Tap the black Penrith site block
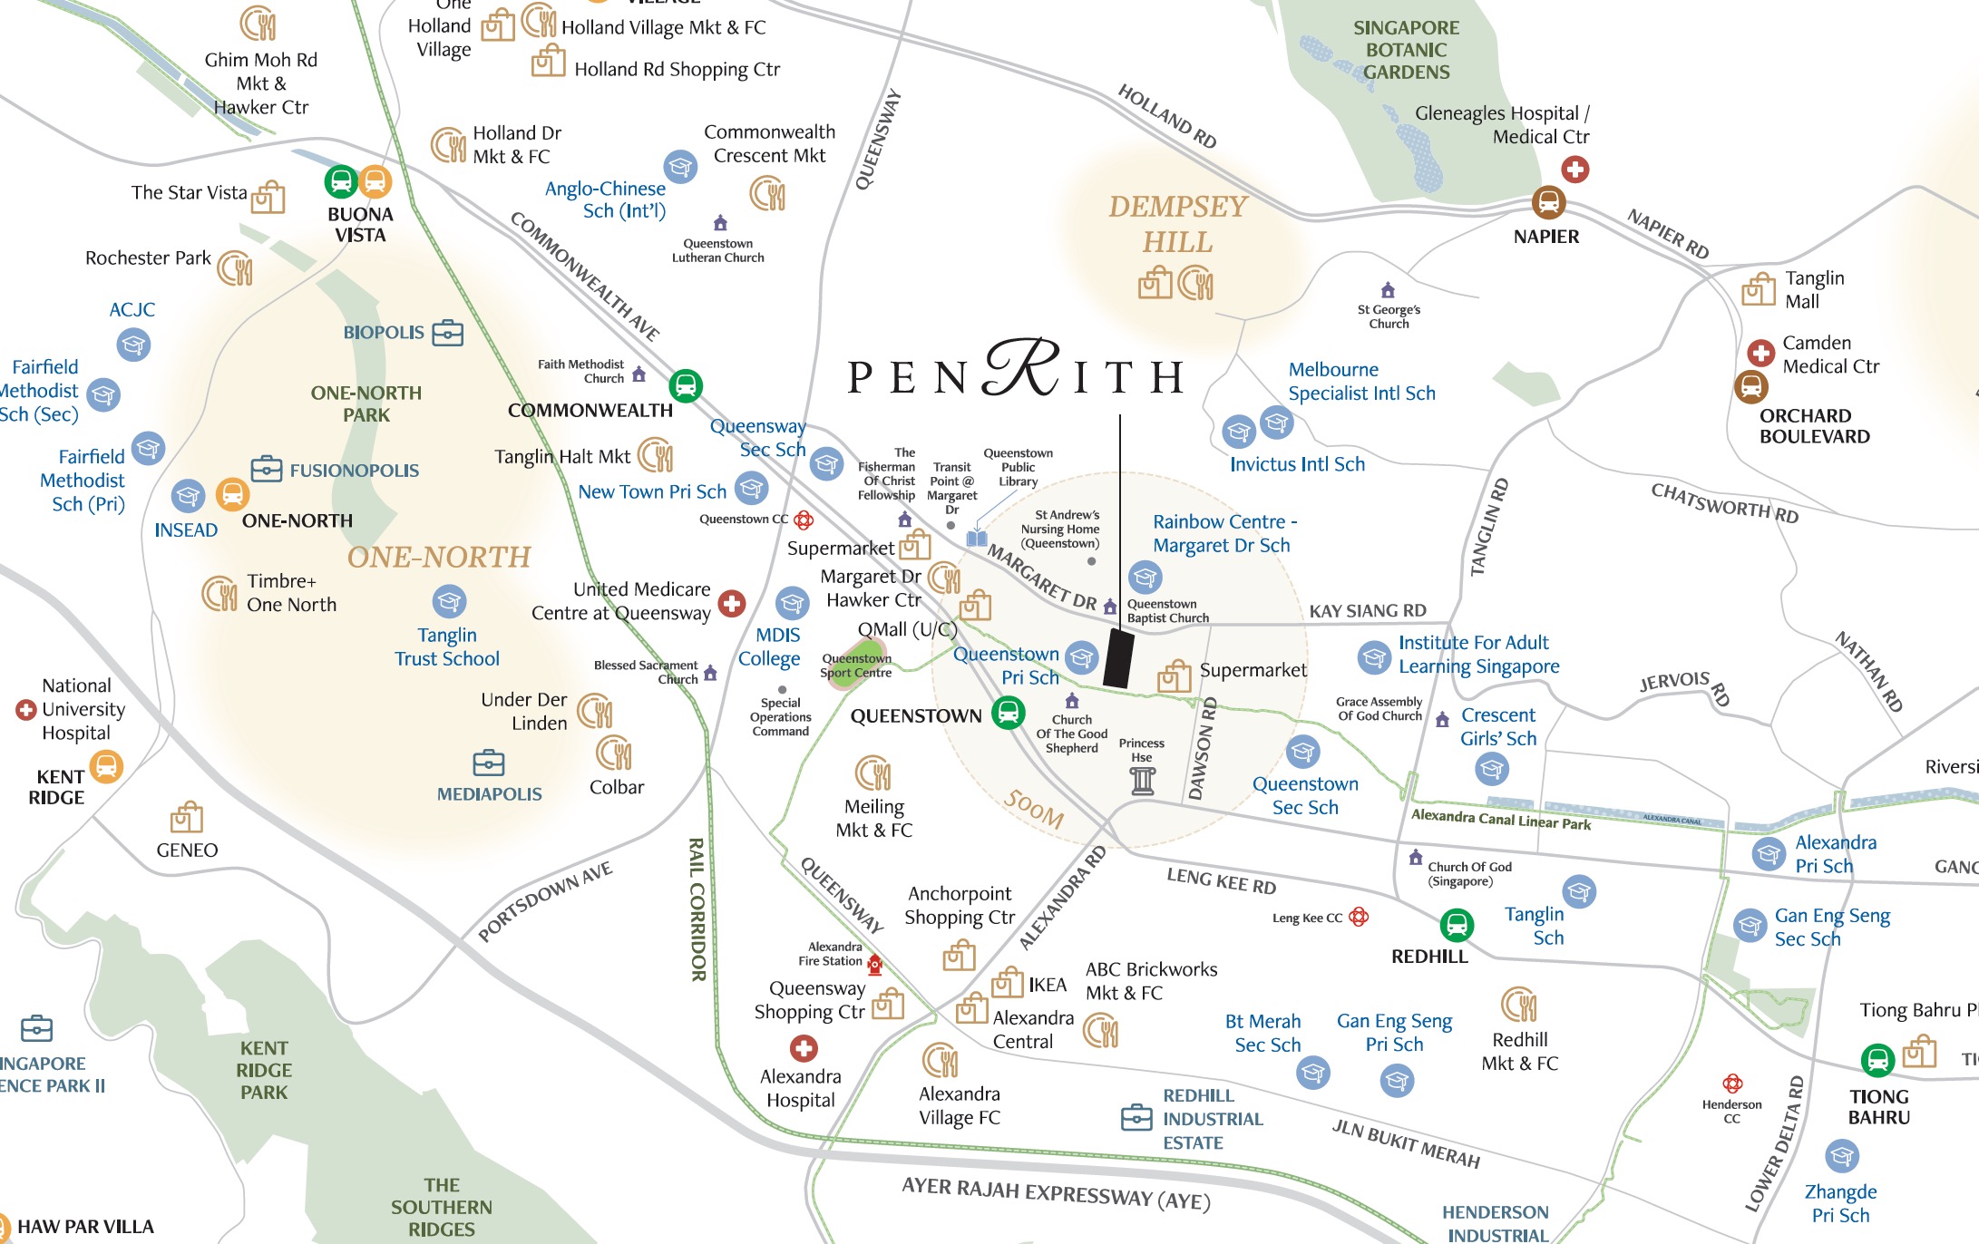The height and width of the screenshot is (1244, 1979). click(1118, 659)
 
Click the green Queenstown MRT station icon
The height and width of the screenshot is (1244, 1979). click(1008, 713)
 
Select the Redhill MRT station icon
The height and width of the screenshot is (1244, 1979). click(1457, 925)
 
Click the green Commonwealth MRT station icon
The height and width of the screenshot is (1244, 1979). click(686, 385)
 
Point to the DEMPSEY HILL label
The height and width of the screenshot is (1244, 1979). click(1177, 224)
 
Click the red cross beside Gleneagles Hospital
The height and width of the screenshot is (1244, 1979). click(1574, 169)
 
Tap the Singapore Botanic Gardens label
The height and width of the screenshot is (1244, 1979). click(1407, 50)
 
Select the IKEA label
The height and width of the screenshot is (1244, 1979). click(1048, 985)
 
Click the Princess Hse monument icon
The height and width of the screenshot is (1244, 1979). click(1143, 781)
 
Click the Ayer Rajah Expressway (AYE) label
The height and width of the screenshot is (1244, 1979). click(1056, 1193)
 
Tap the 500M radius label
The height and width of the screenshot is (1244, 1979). click(1034, 808)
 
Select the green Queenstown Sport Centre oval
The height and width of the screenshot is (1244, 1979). click(853, 669)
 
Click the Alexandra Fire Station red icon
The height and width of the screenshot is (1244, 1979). click(874, 963)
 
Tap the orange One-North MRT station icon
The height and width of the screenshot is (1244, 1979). click(232, 495)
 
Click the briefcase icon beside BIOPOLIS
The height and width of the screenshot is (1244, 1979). click(447, 333)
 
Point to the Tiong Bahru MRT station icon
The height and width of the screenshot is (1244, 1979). click(1877, 1059)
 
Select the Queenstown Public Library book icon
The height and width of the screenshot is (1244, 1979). click(976, 538)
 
